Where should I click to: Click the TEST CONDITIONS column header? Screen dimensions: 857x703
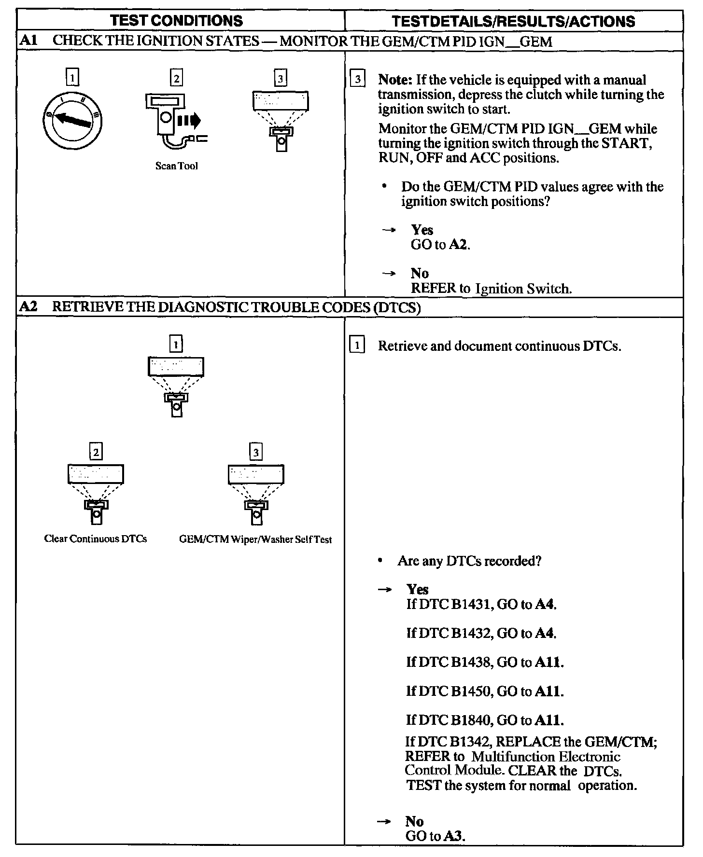click(x=176, y=21)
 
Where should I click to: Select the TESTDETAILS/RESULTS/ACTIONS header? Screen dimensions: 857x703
click(x=513, y=21)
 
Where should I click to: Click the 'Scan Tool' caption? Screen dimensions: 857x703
click(x=176, y=166)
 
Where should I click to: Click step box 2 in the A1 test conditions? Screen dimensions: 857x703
click(x=176, y=78)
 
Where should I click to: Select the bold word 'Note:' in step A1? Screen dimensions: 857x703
click(x=395, y=80)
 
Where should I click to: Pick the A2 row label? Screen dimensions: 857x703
click(x=28, y=307)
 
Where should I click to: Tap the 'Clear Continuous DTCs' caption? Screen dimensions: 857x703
click(x=96, y=539)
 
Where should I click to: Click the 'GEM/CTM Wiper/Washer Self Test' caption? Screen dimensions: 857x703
click(x=255, y=539)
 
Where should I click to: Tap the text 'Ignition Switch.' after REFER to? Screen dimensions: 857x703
click(x=523, y=289)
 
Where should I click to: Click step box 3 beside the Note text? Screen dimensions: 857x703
click(x=357, y=80)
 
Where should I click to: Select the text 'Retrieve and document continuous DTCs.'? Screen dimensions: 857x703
click(x=499, y=346)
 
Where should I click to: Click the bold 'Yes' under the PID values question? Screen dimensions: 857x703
click(x=422, y=230)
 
